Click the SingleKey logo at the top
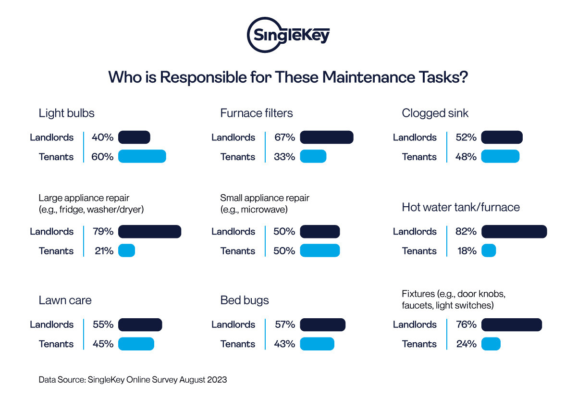tap(288, 35)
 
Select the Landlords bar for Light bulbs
tap(134, 137)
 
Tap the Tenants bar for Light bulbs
tap(142, 157)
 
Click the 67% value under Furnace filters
tap(284, 137)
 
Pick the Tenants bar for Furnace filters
tap(313, 157)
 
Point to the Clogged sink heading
tap(435, 113)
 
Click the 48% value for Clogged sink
tap(466, 157)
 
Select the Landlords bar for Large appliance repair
tap(149, 231)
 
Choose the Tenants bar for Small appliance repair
tap(319, 251)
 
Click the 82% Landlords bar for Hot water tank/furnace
tap(514, 231)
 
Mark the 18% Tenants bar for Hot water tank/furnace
tap(488, 251)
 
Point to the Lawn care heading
tap(65, 300)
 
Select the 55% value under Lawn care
tap(103, 324)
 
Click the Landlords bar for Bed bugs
tap(322, 324)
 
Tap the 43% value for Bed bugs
tap(284, 344)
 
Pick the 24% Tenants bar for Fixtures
tap(491, 344)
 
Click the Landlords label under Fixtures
tap(415, 324)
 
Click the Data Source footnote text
tap(133, 380)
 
